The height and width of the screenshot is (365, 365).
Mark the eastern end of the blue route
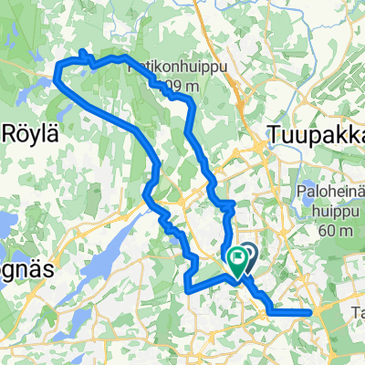tap(313, 311)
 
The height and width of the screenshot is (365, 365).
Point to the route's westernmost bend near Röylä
tap(57, 77)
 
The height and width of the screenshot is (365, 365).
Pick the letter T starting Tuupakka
tap(275, 135)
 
